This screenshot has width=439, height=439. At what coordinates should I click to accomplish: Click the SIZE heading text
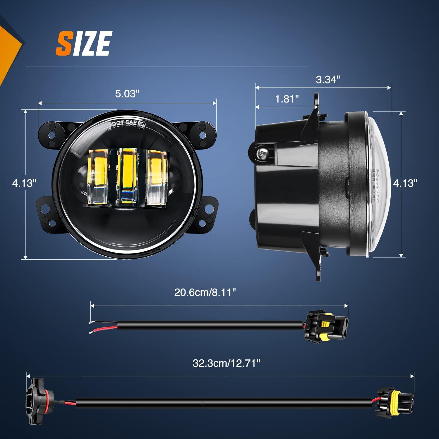click(84, 44)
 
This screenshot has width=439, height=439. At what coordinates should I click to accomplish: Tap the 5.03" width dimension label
click(127, 94)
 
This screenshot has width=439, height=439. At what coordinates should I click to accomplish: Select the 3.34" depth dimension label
click(328, 79)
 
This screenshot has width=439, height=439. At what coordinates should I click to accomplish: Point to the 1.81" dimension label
click(287, 99)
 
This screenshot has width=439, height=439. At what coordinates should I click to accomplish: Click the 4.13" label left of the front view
click(24, 184)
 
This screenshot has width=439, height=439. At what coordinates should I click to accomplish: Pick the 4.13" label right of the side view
click(405, 184)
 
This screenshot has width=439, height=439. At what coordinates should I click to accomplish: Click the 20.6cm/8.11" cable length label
click(205, 292)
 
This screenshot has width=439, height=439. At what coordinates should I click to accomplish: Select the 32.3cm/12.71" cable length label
click(226, 363)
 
